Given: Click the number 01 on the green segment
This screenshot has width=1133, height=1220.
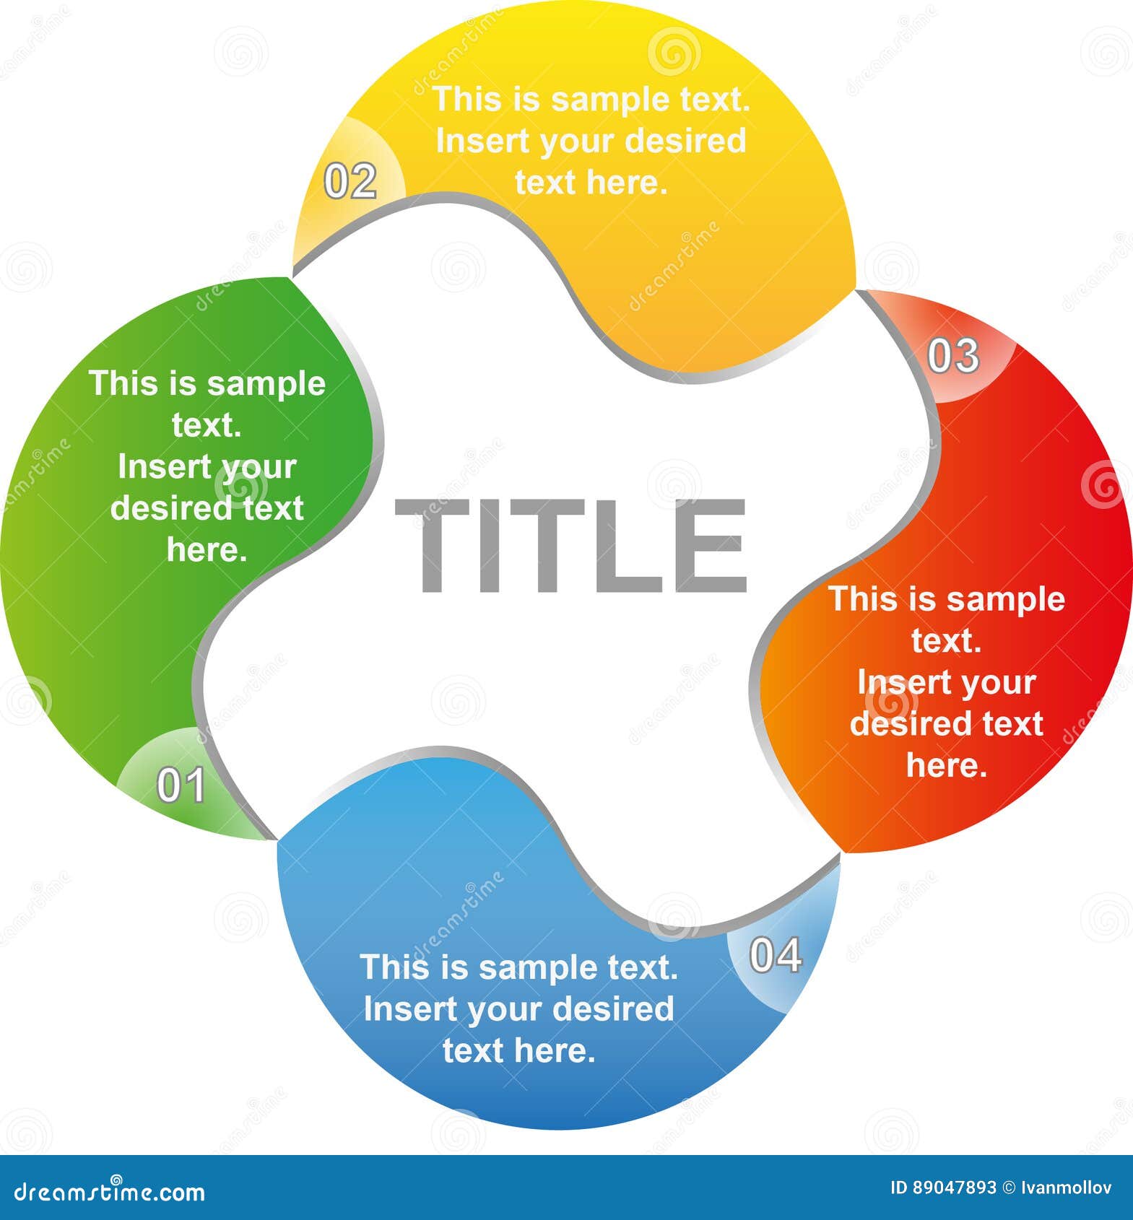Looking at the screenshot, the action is tap(181, 785).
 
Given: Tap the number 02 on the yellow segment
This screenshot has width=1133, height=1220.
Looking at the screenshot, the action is tap(350, 181).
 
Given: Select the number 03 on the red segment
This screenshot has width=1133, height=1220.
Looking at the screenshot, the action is tap(953, 356).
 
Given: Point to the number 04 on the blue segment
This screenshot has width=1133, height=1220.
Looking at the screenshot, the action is tap(776, 955).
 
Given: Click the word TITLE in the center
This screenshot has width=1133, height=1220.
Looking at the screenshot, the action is tap(570, 546).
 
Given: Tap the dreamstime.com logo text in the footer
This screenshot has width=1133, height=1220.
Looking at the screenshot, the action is tap(110, 1192).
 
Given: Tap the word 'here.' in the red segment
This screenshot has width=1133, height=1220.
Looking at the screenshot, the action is tap(947, 765).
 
